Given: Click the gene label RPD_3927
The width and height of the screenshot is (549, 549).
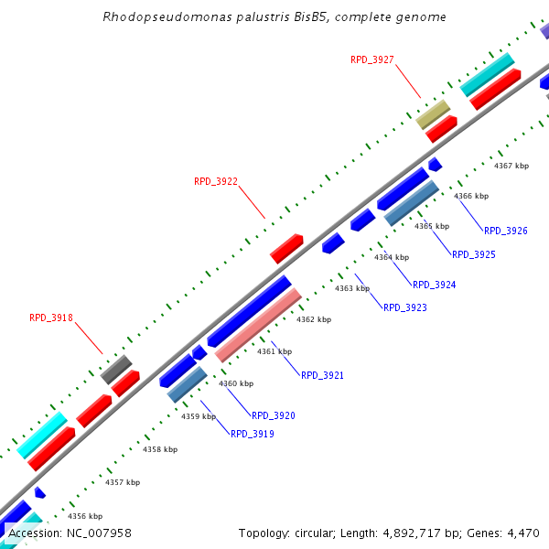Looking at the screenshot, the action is (x=371, y=59).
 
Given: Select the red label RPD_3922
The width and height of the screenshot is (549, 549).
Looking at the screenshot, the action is (x=215, y=181).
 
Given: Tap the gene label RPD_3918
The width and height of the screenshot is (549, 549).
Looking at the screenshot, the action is (x=50, y=318).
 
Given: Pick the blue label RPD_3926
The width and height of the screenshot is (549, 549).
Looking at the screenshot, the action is (x=505, y=231).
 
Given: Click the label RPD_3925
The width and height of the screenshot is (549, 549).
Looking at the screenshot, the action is (x=473, y=254).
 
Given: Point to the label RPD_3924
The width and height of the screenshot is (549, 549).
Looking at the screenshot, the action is (x=434, y=285).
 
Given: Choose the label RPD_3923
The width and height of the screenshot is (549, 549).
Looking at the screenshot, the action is (x=404, y=307).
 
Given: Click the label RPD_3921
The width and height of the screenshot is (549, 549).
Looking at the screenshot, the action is (x=322, y=375).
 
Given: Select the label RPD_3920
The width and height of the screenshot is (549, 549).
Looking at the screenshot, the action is (x=274, y=415).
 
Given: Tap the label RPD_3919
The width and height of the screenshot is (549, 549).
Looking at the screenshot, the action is (x=252, y=434).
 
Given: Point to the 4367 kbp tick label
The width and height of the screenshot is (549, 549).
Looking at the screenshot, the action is (x=511, y=166).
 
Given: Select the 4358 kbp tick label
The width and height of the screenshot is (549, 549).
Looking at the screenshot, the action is (x=160, y=449).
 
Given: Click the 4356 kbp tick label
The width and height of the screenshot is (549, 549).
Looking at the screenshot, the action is (x=85, y=516).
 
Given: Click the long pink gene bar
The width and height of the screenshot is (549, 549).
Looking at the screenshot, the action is (x=258, y=325).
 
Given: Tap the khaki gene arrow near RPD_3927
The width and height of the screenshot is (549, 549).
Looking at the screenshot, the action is (x=433, y=114).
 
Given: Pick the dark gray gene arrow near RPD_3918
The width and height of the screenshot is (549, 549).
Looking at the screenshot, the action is (x=116, y=369).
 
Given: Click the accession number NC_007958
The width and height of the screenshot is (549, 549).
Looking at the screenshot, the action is (x=95, y=533).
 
